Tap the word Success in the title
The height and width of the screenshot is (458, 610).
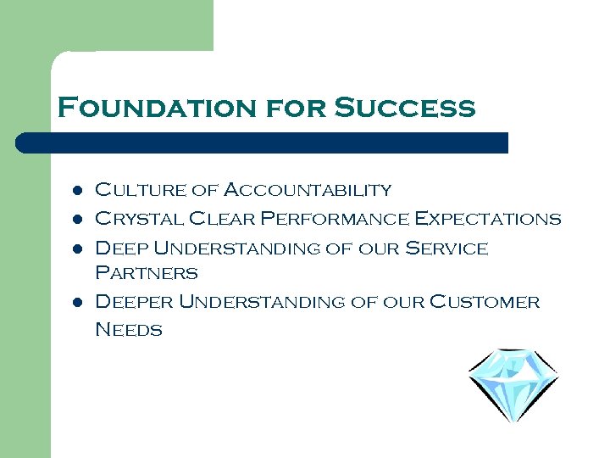pos(405,109)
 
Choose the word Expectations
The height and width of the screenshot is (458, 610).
pos(486,219)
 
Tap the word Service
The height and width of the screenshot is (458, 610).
pos(446,249)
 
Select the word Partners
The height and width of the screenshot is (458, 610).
pos(146,273)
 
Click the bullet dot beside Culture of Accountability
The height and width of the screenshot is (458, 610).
pos(77,191)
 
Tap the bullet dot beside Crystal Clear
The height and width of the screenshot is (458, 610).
pos(77,220)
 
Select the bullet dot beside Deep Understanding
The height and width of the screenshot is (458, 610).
pos(77,249)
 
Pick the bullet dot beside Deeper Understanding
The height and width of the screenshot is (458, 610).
pos(77,303)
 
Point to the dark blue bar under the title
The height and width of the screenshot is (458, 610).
pos(263,142)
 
